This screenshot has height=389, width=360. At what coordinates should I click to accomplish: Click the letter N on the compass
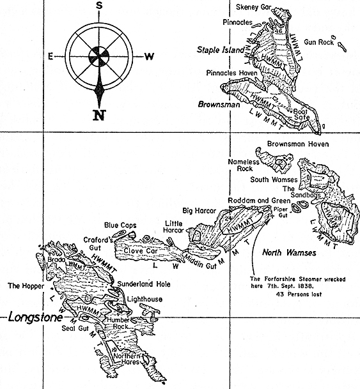pyautogui.click(x=98, y=115)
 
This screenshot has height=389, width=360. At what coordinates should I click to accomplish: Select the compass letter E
pyautogui.click(x=50, y=56)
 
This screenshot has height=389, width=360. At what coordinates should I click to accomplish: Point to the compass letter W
pyautogui.click(x=148, y=56)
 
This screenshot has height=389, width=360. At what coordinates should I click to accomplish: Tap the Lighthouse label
pyautogui.click(x=144, y=299)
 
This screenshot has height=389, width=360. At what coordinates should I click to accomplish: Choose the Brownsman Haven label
pyautogui.click(x=298, y=144)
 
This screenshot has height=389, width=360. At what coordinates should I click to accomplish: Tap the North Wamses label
pyautogui.click(x=289, y=253)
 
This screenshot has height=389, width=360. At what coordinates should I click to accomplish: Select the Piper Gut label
pyautogui.click(x=281, y=211)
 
